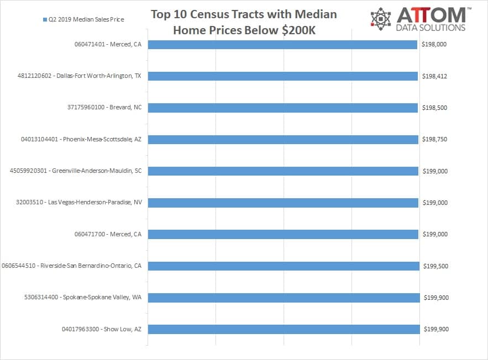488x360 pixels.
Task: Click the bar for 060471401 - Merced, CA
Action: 282,45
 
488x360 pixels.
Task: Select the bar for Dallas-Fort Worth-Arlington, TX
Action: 282,76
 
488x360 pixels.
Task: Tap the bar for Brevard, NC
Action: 282,108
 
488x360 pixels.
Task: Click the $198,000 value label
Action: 434,45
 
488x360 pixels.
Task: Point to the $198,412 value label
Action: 434,76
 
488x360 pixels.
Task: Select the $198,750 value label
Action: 434,140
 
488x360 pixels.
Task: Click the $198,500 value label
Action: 434,108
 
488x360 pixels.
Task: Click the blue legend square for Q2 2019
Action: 44,20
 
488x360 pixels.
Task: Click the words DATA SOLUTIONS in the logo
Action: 431,28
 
